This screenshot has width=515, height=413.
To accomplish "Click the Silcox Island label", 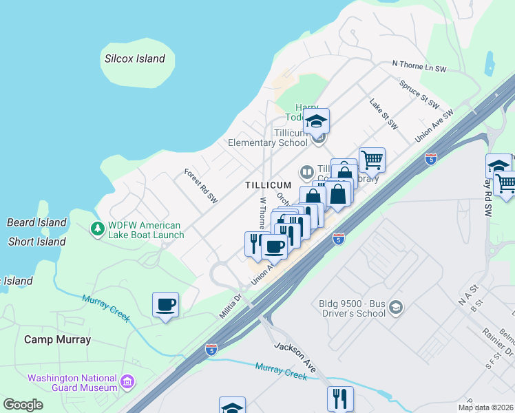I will (x=135, y=59).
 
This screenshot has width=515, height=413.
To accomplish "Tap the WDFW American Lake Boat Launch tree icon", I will (x=98, y=227).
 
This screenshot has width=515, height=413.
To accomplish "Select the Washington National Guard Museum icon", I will (x=127, y=381).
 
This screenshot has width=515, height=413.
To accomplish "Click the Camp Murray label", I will (x=57, y=339).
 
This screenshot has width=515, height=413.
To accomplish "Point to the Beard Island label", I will (x=36, y=222).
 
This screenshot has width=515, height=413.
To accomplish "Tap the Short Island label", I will (x=36, y=242).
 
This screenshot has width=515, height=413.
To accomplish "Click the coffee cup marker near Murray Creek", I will (x=166, y=304).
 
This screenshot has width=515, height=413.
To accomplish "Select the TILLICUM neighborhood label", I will (x=269, y=186).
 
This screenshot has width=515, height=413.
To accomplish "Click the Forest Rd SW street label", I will (x=201, y=187).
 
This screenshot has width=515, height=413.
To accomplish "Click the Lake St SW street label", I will (x=383, y=114).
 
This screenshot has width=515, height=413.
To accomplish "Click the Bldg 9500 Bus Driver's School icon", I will (x=395, y=306).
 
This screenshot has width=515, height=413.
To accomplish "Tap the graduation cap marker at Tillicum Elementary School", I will (x=317, y=121).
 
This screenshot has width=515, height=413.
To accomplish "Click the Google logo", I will (x=23, y=405).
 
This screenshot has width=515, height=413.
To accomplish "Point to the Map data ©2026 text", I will (x=486, y=407).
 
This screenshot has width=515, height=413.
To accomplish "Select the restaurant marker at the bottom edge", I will (x=340, y=399).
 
